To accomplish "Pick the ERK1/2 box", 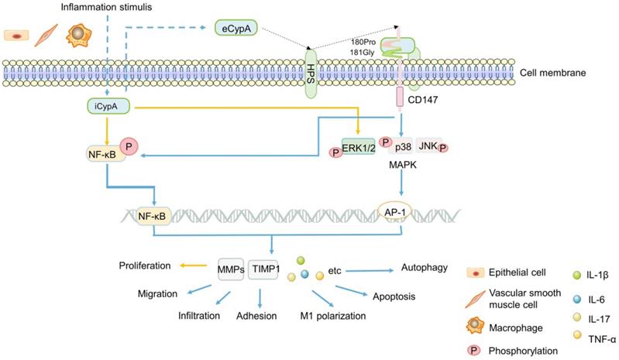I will (358, 146).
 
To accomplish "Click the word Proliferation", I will (145, 266).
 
